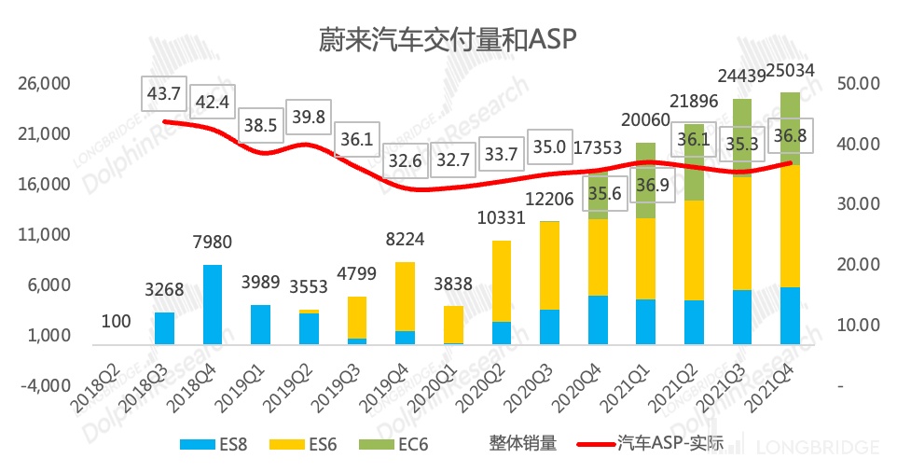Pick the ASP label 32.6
(404, 160)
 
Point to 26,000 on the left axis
(45, 84)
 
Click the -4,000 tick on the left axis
(45, 385)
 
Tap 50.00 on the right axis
(860, 84)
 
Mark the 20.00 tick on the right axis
(860, 265)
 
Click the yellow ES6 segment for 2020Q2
(501, 281)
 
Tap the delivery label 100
(117, 322)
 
